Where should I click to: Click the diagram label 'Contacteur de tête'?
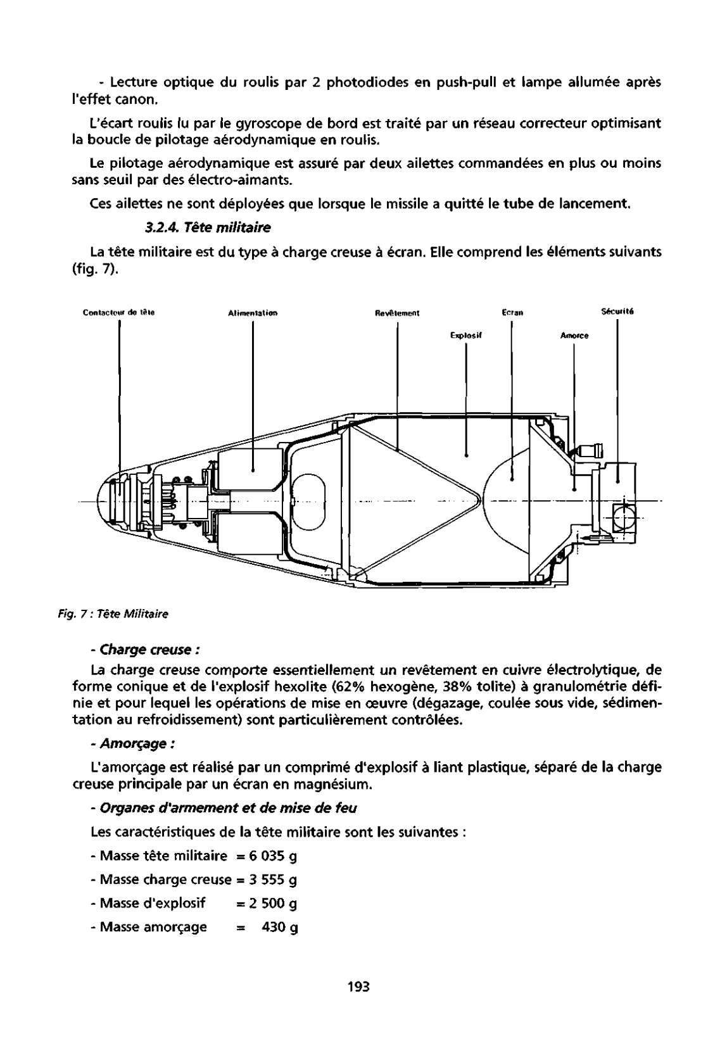click(x=119, y=312)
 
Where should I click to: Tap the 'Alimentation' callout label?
click(x=253, y=312)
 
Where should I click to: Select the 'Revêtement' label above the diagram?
click(x=397, y=312)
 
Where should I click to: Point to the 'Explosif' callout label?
click(x=467, y=336)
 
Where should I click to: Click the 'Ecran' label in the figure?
click(x=511, y=312)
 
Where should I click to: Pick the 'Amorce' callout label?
click(x=574, y=336)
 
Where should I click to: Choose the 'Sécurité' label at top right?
click(x=617, y=311)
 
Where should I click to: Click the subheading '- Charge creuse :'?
click(x=146, y=650)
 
